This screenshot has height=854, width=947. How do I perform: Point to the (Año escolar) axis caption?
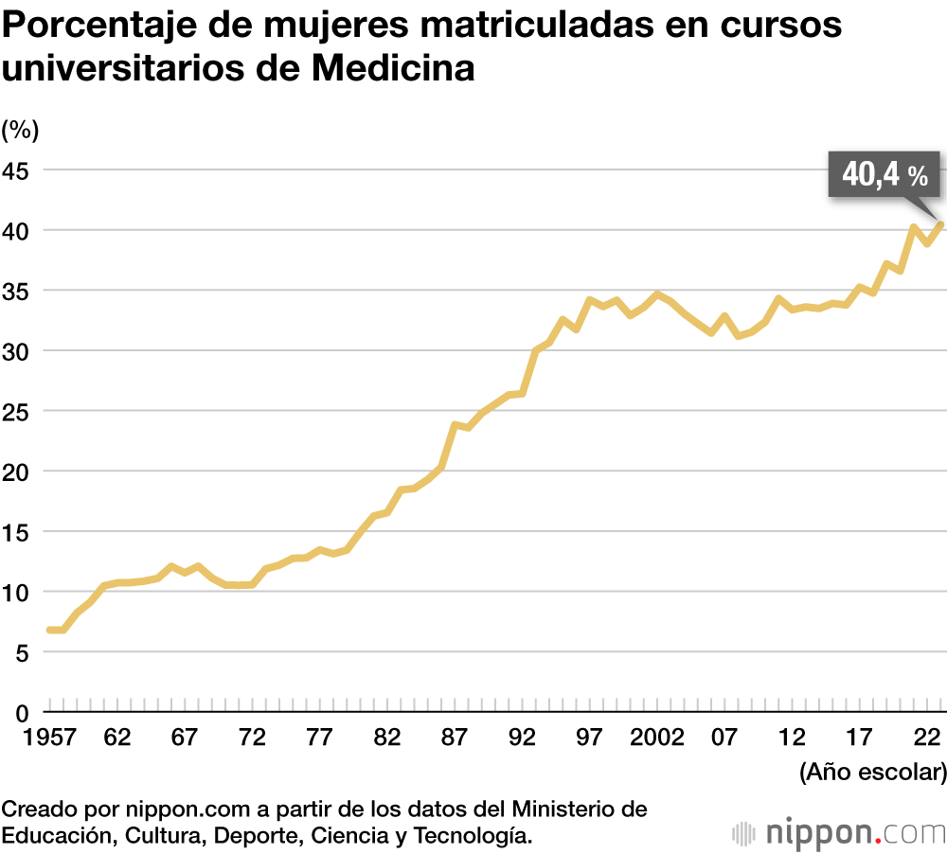click(x=872, y=773)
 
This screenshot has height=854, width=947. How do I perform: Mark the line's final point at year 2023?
click(x=939, y=225)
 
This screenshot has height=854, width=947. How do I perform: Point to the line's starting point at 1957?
click(x=49, y=630)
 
